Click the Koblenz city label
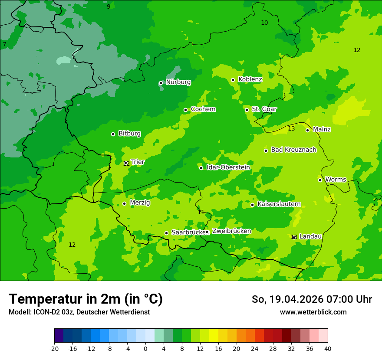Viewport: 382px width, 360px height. (250, 79)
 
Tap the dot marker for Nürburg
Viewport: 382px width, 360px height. (161, 83)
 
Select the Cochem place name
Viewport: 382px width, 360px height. (203, 109)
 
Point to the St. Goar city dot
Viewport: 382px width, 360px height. (247, 110)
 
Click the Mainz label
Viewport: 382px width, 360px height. (322, 130)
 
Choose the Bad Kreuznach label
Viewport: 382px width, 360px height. (293, 150)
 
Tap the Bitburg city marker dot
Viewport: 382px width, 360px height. (113, 134)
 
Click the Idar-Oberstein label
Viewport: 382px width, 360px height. (228, 167)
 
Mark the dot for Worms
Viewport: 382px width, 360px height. (320, 180)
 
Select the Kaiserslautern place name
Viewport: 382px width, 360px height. (279, 204)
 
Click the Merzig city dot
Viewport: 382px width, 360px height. (124, 203)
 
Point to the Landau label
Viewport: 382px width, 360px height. (310, 236)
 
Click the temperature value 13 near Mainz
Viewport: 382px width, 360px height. (291, 129)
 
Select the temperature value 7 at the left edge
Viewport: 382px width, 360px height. (4, 45)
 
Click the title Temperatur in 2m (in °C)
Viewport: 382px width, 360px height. (86, 299)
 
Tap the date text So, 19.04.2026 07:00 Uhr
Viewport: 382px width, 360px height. (312, 299)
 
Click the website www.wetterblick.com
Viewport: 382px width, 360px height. (313, 312)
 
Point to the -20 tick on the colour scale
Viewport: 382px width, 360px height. (54, 348)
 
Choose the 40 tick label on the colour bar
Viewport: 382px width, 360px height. (328, 348)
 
